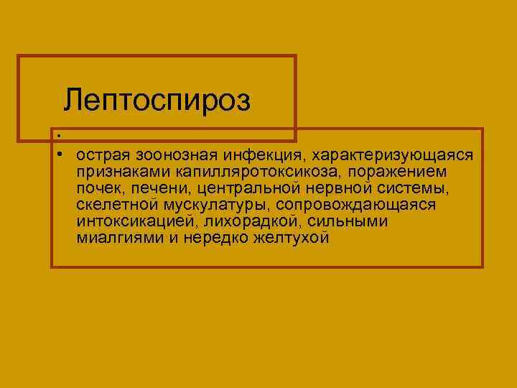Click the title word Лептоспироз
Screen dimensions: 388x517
click(x=157, y=100)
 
